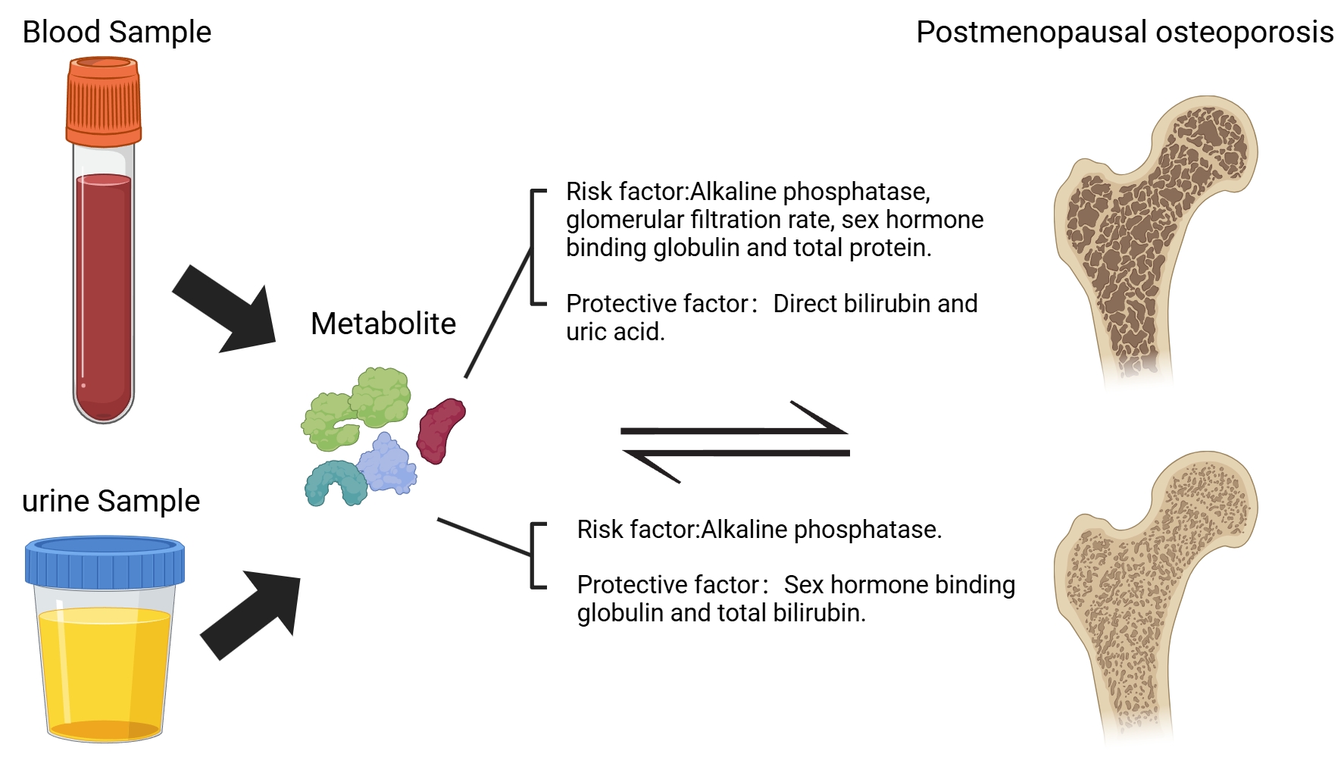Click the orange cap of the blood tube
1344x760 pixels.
(103, 102)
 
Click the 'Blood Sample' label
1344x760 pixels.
(117, 33)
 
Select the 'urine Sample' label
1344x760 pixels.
(111, 502)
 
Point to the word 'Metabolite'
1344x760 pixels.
(383, 324)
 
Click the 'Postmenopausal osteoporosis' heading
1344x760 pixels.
(1124, 33)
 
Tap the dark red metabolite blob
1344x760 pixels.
(440, 430)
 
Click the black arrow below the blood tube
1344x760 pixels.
(226, 310)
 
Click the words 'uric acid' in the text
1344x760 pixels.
(614, 332)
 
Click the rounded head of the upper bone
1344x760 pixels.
(1205, 144)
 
